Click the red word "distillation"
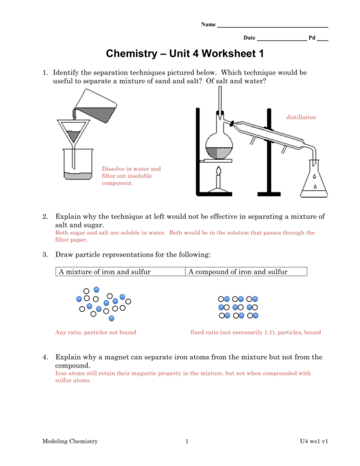pos(301,117)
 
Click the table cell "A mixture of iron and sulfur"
pos(120,272)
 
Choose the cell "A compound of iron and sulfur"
pos(246,272)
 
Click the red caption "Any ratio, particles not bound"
pos(96,332)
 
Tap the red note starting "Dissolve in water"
pos(131,176)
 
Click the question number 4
pos(44,357)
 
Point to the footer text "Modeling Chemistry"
pos(70,441)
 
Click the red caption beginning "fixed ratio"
pos(256,332)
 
